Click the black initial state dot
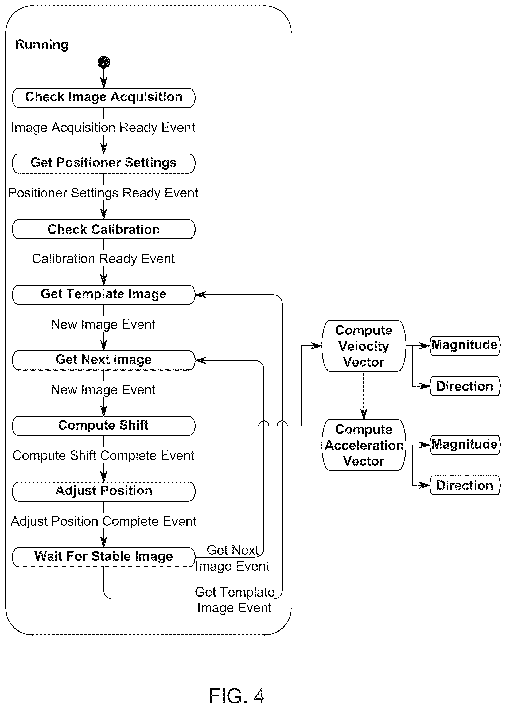(104, 62)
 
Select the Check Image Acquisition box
(104, 98)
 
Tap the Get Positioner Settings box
(104, 163)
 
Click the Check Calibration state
(104, 229)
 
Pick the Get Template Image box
(104, 295)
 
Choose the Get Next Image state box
(104, 360)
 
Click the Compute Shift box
(104, 426)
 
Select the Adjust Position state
(104, 492)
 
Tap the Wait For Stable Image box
(104, 557)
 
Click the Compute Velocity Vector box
(364, 346)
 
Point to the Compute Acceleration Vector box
(364, 445)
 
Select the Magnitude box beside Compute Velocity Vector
(465, 345)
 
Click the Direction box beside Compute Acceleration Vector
(465, 485)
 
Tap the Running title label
(42, 45)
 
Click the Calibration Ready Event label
(103, 259)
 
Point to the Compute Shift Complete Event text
(103, 456)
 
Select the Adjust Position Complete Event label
(104, 521)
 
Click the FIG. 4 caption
(237, 696)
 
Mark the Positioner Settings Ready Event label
(103, 193)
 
